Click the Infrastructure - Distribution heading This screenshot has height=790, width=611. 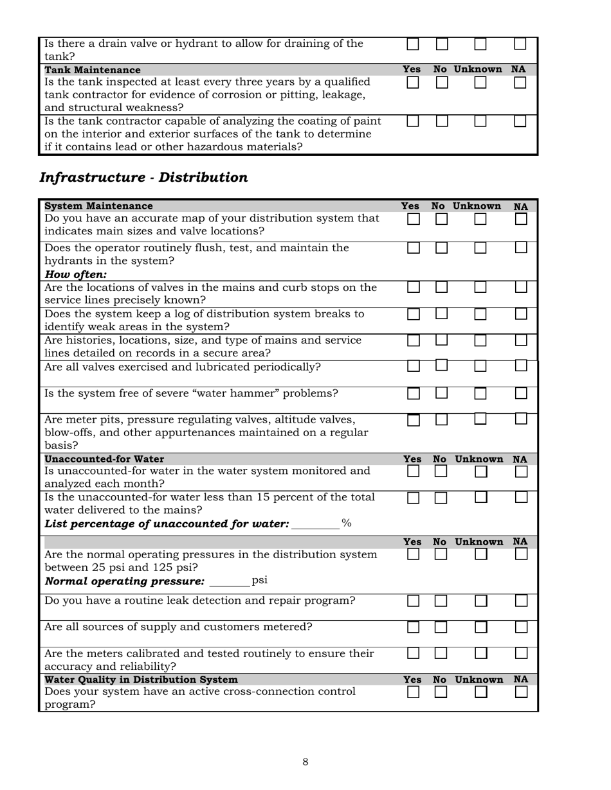(x=143, y=178)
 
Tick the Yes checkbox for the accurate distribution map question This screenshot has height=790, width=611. (x=414, y=219)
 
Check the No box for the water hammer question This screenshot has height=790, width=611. (x=441, y=393)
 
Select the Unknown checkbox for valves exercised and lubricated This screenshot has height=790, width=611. (x=480, y=366)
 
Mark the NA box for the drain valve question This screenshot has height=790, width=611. (x=520, y=44)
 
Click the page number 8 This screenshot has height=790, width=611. (x=305, y=762)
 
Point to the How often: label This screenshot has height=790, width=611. (x=75, y=275)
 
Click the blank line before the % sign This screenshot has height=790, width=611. (x=315, y=525)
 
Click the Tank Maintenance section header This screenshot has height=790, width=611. (x=93, y=69)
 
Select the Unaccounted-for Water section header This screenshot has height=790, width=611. (x=104, y=459)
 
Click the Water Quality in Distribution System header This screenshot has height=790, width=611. (x=141, y=680)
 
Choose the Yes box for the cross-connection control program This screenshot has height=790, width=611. (x=413, y=692)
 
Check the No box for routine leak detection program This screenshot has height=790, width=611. (x=441, y=601)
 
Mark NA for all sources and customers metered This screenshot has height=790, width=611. (x=521, y=627)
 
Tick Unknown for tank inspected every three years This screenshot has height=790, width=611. (x=480, y=82)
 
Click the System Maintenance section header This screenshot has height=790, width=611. (x=98, y=206)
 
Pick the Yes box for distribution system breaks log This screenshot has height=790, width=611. (x=414, y=314)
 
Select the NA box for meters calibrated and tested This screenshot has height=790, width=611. (x=521, y=653)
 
